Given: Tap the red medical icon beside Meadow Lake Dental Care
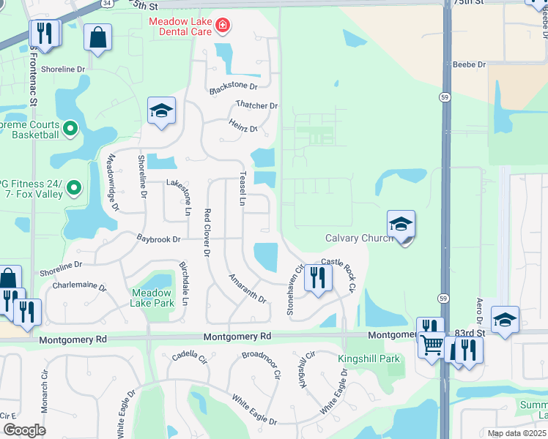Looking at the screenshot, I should click(x=223, y=28).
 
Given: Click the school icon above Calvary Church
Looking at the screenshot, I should click(x=401, y=225).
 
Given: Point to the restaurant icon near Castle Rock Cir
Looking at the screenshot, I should click(x=317, y=277).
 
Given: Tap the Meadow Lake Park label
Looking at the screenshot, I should click(x=152, y=298).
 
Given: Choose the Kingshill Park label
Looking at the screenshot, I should click(x=369, y=359).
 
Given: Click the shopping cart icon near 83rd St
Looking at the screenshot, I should click(x=433, y=344).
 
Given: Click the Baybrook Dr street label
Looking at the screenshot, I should click(x=159, y=239).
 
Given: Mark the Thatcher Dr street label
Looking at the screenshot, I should click(x=256, y=106).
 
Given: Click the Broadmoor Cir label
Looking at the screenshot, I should click(x=262, y=364).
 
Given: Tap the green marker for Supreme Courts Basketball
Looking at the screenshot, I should click(x=70, y=130).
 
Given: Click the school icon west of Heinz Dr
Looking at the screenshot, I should click(x=161, y=111).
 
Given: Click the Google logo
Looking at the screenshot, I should click(x=24, y=430).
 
